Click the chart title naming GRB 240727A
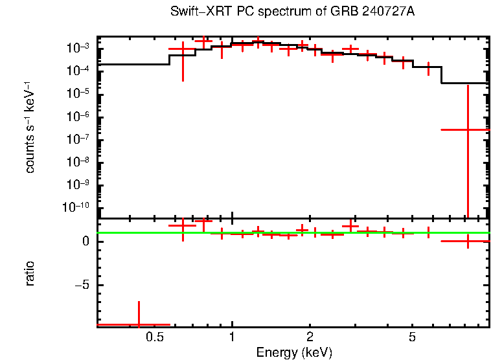click(x=292, y=12)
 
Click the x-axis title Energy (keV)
click(x=294, y=352)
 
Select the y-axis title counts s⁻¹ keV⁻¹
click(x=30, y=128)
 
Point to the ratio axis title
click(x=30, y=273)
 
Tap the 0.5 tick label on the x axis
click(x=154, y=337)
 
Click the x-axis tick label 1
click(x=232, y=337)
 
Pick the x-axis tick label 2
click(x=310, y=337)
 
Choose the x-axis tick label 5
click(x=413, y=337)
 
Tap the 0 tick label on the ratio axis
click(x=84, y=242)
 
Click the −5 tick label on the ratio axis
click(x=82, y=285)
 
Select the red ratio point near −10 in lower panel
click(x=138, y=324)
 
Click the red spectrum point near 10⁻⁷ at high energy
click(x=467, y=129)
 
